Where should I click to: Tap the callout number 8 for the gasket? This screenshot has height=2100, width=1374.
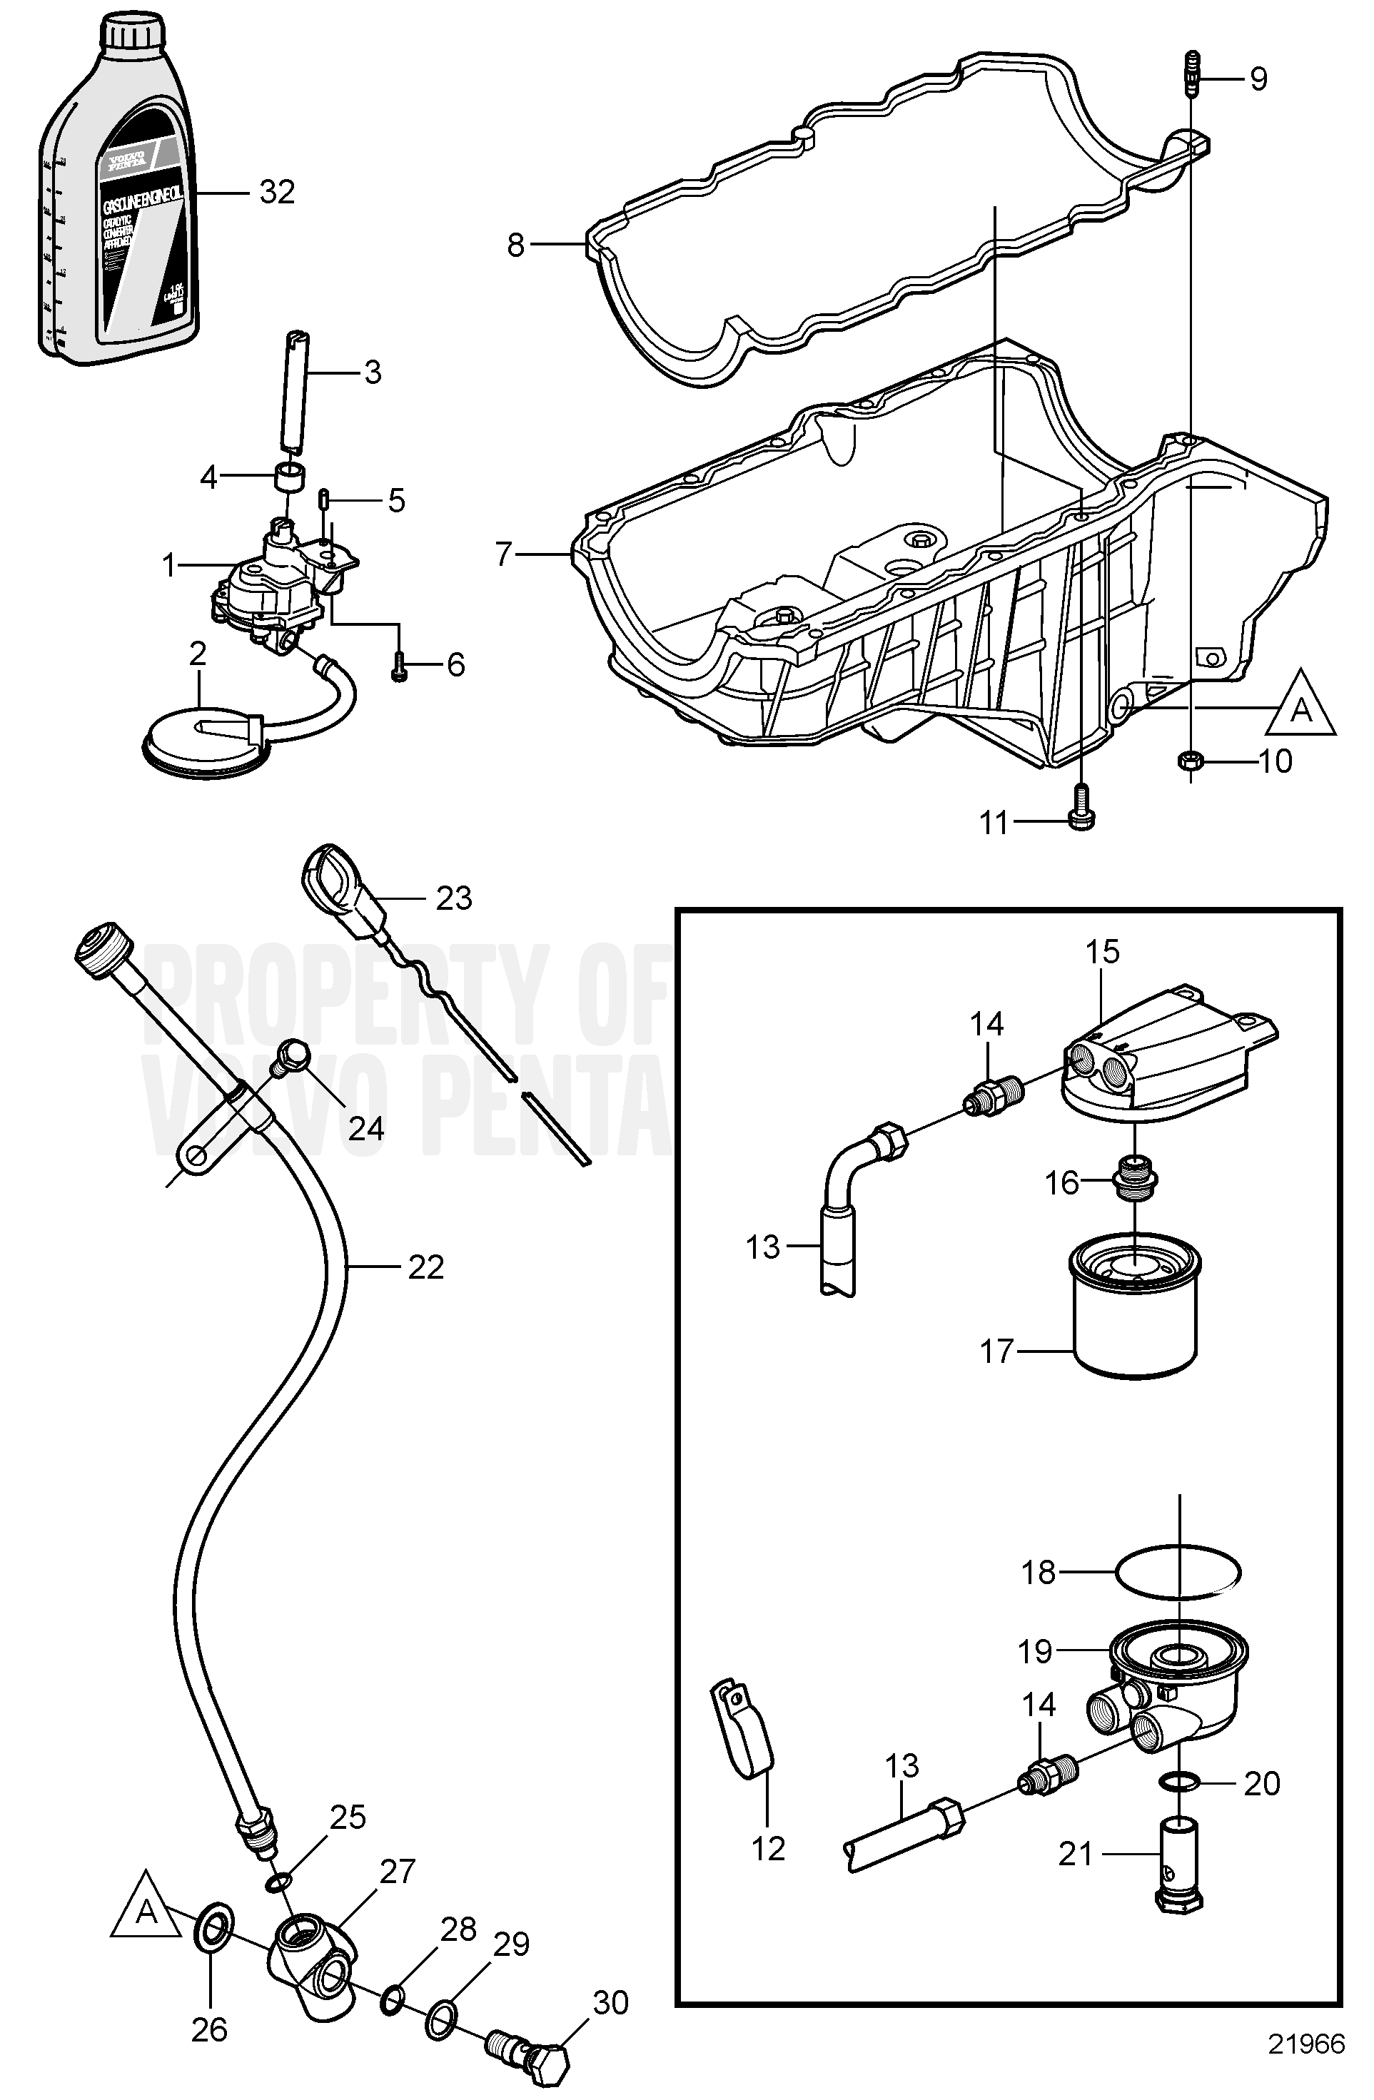click(515, 245)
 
